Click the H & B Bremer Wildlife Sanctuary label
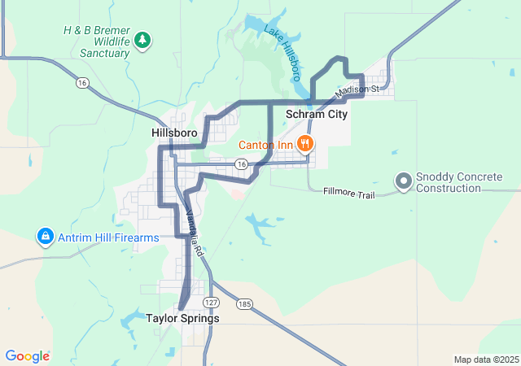(x=96, y=41)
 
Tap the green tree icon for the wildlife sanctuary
(x=142, y=39)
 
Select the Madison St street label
(x=357, y=89)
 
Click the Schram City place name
(x=317, y=115)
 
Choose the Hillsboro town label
(x=174, y=132)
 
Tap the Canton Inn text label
(x=265, y=146)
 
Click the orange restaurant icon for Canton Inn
(x=305, y=145)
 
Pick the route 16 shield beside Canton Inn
(x=241, y=164)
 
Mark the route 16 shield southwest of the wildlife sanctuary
(x=82, y=82)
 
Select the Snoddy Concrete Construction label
(x=459, y=182)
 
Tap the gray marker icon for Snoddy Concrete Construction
(x=403, y=181)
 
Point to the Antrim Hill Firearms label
(x=108, y=237)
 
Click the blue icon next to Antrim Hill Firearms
(x=45, y=237)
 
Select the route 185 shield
(x=243, y=303)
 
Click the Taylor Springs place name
(x=182, y=319)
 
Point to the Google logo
(x=27, y=356)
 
